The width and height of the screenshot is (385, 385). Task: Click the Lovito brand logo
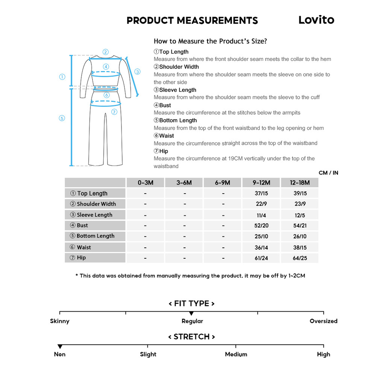click(316, 20)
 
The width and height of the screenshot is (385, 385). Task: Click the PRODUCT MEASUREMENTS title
click(192, 21)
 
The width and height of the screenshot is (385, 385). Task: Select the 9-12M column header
click(261, 183)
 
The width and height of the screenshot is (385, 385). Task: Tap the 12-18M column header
click(300, 183)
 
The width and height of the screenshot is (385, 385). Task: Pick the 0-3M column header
click(146, 183)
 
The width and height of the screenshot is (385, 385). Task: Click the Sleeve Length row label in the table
click(95, 215)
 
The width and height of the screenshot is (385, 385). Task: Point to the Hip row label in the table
click(81, 258)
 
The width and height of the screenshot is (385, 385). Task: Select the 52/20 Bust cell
click(261, 226)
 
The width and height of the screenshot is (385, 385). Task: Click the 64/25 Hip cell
click(300, 258)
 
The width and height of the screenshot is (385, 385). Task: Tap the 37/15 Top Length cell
click(261, 194)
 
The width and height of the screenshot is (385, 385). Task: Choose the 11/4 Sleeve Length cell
click(261, 215)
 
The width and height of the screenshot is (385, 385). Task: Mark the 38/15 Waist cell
click(300, 247)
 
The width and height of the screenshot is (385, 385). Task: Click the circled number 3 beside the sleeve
click(137, 71)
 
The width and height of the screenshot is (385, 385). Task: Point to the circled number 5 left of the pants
click(62, 118)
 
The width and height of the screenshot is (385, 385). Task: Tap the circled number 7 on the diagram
click(114, 112)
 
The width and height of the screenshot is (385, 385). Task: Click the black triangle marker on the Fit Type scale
click(191, 314)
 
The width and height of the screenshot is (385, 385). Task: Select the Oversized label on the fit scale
click(323, 321)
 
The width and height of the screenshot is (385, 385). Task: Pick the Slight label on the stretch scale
click(148, 354)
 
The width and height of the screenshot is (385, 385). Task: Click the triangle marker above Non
click(60, 347)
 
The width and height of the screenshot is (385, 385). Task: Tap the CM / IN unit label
click(328, 173)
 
